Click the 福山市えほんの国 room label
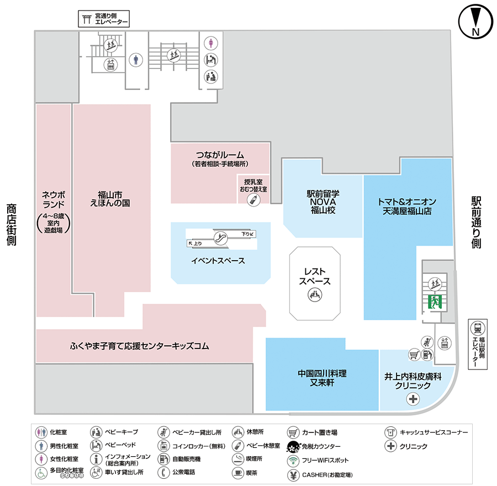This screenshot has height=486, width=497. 110,199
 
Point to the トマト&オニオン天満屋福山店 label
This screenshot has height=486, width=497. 408,206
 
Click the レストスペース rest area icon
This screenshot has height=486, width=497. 315,295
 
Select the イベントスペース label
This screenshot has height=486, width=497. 219,261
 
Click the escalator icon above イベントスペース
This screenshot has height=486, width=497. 220,239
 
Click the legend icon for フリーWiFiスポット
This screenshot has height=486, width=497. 293,460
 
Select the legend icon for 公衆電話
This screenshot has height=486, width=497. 164,473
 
